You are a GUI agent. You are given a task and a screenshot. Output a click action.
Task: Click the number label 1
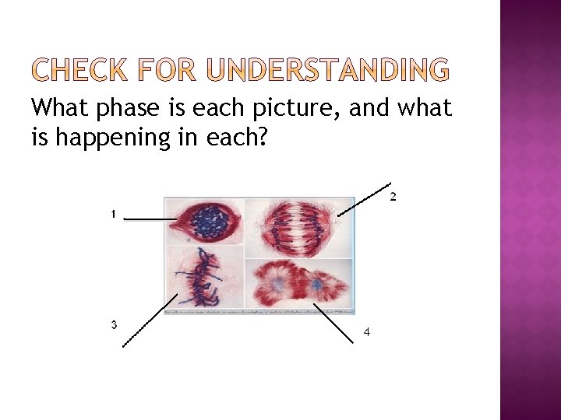[113, 213]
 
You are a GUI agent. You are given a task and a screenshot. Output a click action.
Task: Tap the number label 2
[393, 197]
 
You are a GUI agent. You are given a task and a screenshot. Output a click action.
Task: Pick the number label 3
[114, 324]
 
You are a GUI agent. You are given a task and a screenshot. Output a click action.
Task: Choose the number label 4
[367, 333]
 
